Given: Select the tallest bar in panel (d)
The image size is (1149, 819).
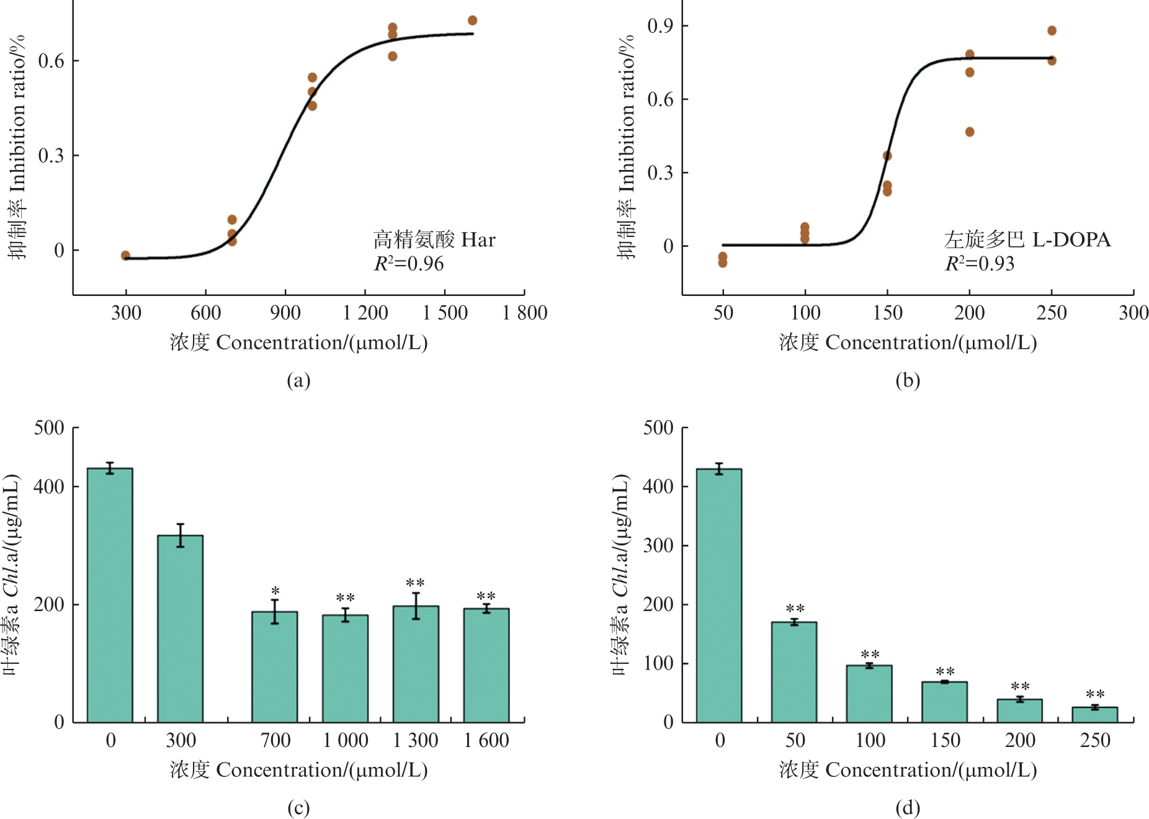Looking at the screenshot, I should [719, 596].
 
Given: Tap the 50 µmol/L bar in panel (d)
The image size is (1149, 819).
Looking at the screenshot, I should [794, 672].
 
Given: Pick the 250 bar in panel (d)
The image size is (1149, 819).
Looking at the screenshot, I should [1095, 715].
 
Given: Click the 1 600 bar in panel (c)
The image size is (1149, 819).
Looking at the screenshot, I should [486, 665].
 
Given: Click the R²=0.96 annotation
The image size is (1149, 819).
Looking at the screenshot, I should [409, 264].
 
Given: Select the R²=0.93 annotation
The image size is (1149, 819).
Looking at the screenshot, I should [980, 264].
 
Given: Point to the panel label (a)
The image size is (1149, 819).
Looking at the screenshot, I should [298, 380].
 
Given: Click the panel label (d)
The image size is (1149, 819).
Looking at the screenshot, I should [908, 807].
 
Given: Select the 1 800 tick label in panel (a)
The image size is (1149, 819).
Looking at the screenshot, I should [525, 313].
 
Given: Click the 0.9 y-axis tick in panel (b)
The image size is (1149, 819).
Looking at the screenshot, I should [660, 26].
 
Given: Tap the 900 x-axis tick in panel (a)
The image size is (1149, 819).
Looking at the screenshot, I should [285, 313].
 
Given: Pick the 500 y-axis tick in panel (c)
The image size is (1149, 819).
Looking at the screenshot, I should [50, 427].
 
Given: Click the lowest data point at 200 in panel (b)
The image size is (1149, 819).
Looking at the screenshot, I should [970, 132].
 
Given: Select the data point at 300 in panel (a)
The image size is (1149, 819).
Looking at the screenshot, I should [125, 255].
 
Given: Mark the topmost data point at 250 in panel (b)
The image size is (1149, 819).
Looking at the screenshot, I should [1052, 30].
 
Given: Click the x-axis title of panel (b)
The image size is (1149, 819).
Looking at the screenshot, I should [908, 342].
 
